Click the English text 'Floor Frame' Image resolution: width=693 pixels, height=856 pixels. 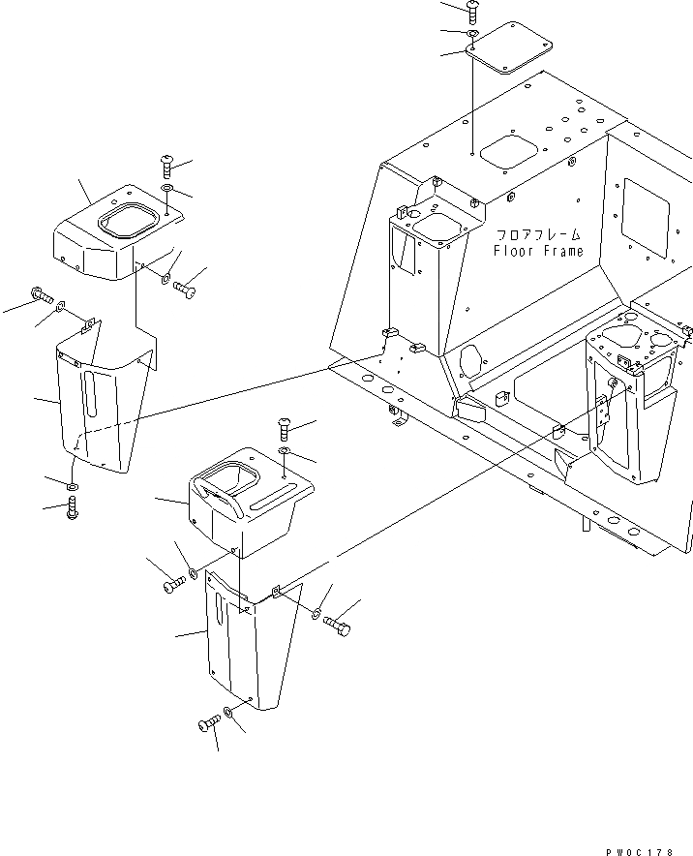point(538,252)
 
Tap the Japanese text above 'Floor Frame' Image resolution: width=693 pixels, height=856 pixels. point(539,234)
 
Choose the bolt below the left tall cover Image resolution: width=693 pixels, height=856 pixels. point(72,507)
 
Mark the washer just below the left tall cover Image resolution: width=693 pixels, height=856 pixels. point(72,483)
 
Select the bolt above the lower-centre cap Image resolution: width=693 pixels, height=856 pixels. point(282,424)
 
